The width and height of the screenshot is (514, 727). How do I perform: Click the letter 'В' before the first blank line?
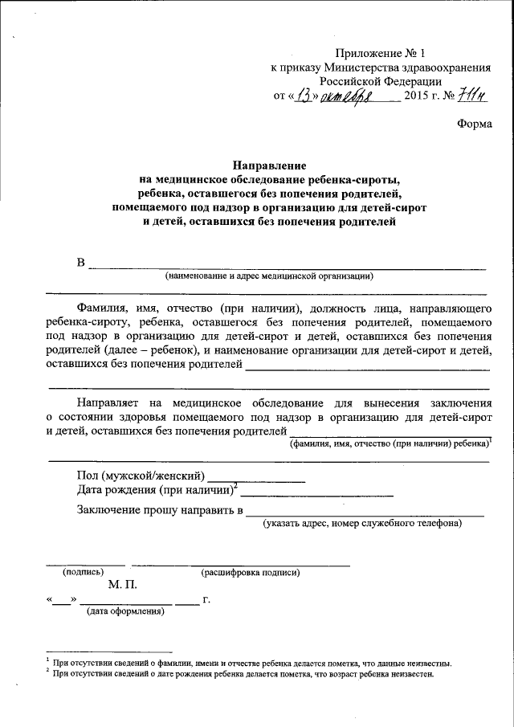(80, 263)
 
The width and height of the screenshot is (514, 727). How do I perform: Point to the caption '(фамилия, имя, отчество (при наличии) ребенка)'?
(390, 443)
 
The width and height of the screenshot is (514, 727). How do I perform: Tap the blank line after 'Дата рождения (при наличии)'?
(316, 492)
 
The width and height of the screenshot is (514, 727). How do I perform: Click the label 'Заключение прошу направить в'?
(160, 510)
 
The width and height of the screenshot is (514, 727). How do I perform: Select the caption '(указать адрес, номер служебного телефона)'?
(362, 524)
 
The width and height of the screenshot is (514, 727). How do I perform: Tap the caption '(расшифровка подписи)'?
(251, 573)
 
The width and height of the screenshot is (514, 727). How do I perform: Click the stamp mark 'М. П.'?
(121, 585)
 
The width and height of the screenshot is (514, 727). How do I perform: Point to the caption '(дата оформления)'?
(125, 612)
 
